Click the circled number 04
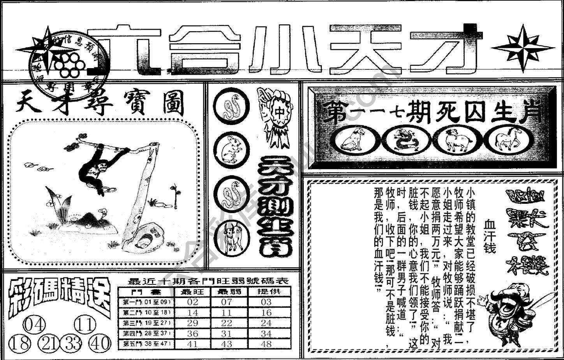(x=35, y=325)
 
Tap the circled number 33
(x=73, y=343)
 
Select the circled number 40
(x=100, y=343)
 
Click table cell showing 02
(x=192, y=302)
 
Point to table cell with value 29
(x=192, y=323)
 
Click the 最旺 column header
(x=192, y=291)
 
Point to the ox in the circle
(x=233, y=237)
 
